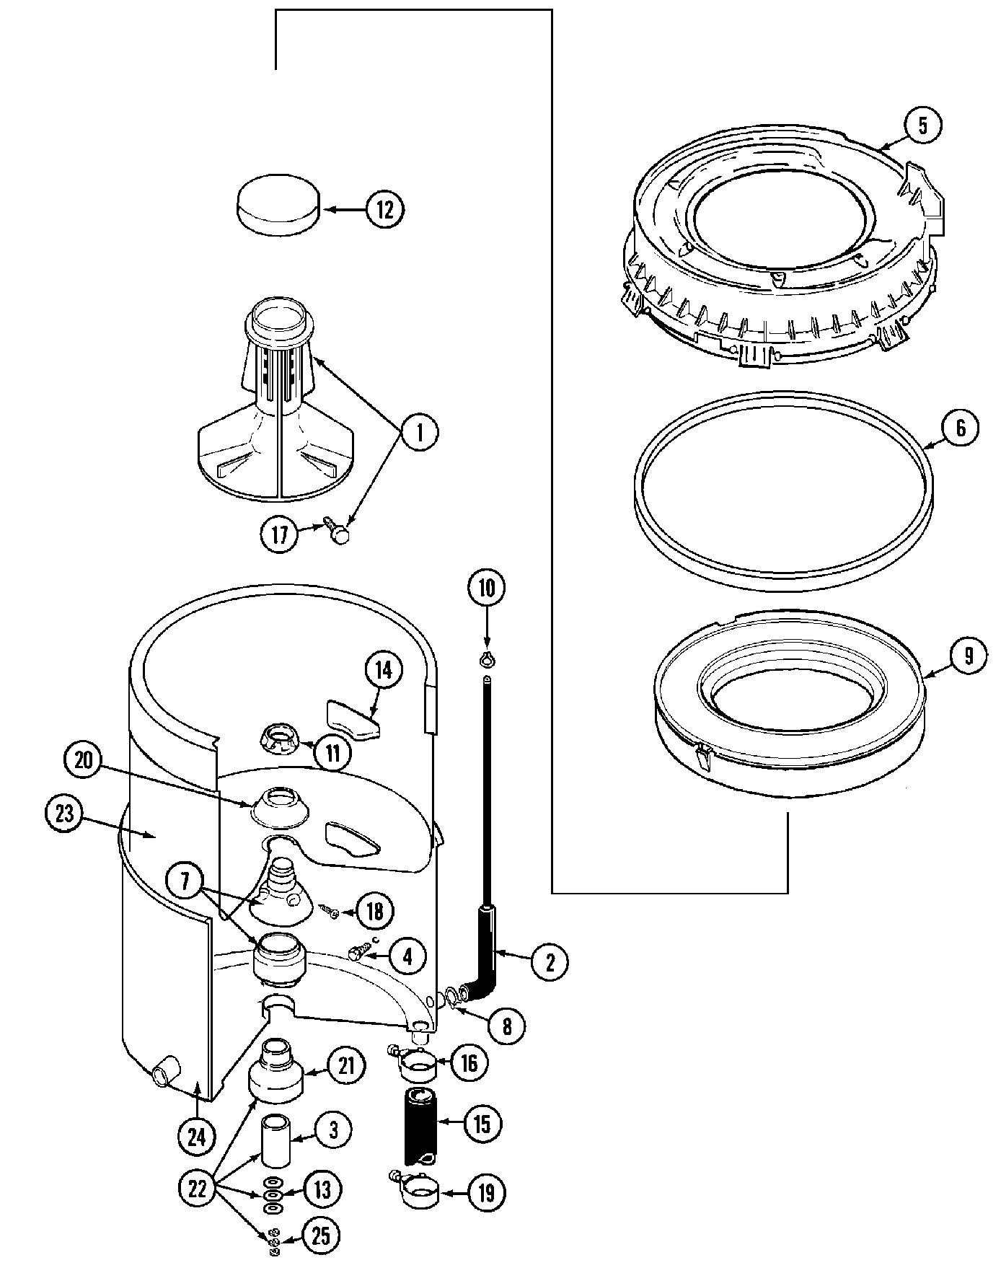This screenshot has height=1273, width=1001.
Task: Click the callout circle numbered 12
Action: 384,210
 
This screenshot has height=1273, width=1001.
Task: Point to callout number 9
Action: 968,655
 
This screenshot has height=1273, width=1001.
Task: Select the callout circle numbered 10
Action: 487,588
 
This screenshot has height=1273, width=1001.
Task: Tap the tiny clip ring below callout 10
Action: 487,658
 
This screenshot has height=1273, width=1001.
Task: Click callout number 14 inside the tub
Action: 383,670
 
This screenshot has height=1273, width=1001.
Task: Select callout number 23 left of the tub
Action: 64,814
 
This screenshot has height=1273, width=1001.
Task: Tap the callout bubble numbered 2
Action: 550,962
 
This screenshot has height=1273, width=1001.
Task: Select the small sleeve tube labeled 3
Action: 274,1140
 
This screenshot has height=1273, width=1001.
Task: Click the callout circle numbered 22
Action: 197,1189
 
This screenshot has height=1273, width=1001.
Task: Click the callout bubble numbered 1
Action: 418,433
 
